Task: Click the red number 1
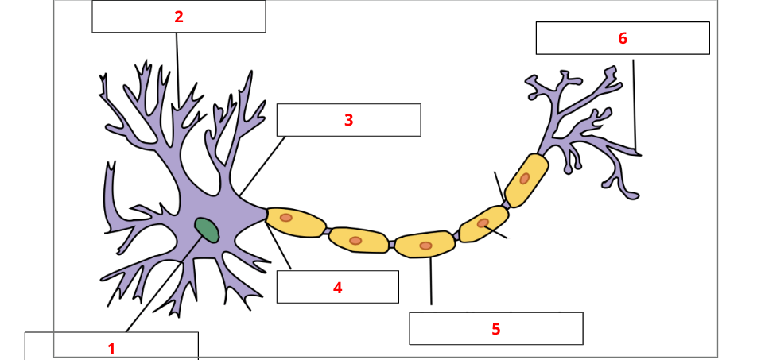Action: click(x=111, y=348)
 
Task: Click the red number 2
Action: click(x=179, y=17)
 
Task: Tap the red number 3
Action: click(x=348, y=120)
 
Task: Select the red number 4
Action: click(x=338, y=288)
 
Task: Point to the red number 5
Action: click(x=495, y=329)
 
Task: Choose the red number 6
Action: click(x=623, y=38)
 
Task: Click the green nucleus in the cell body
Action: click(x=207, y=230)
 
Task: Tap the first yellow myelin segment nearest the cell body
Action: click(x=296, y=222)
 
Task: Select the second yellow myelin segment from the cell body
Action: click(x=359, y=239)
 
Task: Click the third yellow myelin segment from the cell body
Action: click(x=425, y=245)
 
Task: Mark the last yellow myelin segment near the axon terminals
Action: click(x=526, y=180)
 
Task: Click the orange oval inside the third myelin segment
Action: click(x=426, y=246)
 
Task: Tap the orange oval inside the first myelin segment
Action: click(x=285, y=217)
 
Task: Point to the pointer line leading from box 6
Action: click(x=634, y=103)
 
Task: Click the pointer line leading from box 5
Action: click(x=431, y=282)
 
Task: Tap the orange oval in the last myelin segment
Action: click(x=525, y=178)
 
